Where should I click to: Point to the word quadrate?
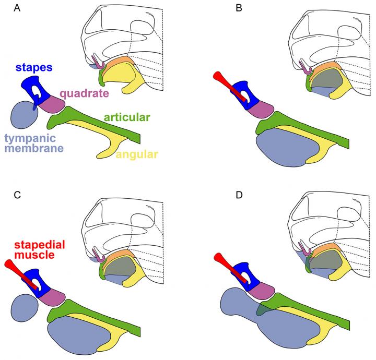click(84, 94)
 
